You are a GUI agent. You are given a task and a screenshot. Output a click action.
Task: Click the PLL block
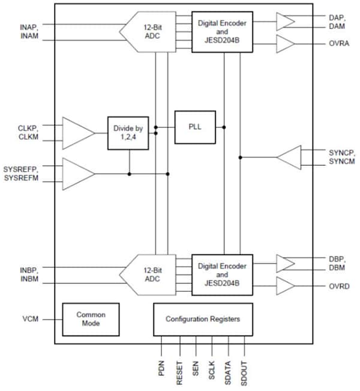point(195,127)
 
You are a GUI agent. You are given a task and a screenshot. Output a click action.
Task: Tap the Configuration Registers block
point(202,319)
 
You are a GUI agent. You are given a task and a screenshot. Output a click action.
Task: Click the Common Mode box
point(91,319)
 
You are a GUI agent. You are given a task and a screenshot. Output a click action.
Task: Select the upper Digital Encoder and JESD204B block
point(222,31)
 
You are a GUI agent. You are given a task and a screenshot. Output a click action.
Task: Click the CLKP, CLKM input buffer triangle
point(77,133)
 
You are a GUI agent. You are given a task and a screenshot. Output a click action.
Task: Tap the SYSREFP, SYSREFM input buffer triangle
point(77,174)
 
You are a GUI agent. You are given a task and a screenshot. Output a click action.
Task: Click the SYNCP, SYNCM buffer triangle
point(289,157)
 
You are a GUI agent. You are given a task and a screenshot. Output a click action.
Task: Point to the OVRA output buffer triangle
point(285,44)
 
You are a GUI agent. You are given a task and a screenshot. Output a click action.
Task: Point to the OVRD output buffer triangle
point(285,286)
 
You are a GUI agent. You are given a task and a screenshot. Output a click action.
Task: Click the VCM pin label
point(30,318)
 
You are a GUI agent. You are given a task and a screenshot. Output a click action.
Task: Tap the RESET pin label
point(179,371)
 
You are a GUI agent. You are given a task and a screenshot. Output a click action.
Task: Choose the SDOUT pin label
point(245,371)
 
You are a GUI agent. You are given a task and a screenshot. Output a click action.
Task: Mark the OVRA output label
point(338,44)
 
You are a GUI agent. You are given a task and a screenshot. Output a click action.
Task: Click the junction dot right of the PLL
point(224,127)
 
